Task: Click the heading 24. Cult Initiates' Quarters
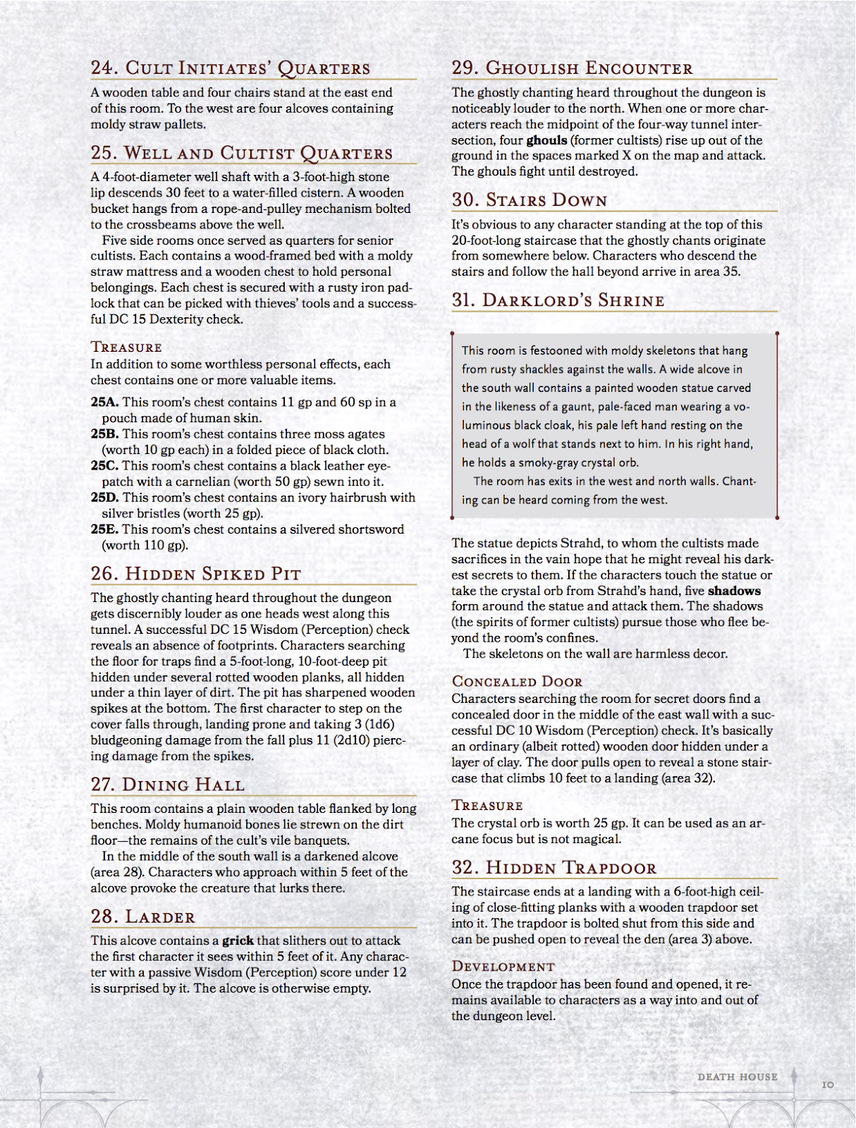point(231,68)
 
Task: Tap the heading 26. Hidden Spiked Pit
point(196,574)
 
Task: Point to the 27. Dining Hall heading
point(168,785)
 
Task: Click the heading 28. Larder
point(143,916)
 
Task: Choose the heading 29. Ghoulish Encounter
point(572,68)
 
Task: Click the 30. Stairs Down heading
point(529,200)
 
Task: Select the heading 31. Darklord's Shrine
point(558,300)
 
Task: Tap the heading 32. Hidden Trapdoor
point(554,868)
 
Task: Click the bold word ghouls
point(546,140)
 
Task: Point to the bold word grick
point(238,940)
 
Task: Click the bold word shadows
point(734,591)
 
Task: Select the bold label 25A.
point(104,402)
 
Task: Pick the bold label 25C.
point(104,466)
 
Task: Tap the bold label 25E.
point(104,529)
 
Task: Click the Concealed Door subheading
point(517,682)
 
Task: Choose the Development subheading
point(503,967)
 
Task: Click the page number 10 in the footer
point(828,1084)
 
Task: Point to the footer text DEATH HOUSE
point(737,1077)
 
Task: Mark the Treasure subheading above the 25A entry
point(126,347)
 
